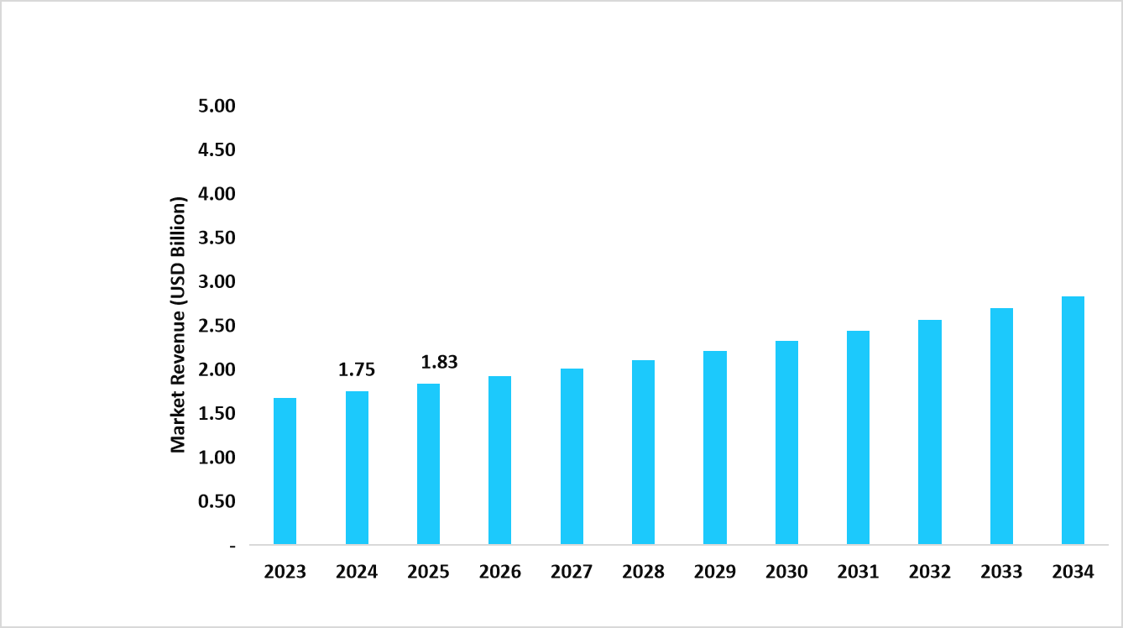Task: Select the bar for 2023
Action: point(285,471)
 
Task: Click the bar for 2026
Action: point(499,460)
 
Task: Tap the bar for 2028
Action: point(643,453)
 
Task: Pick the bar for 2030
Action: point(786,442)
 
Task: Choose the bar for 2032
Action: point(929,432)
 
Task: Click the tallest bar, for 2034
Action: point(1073,421)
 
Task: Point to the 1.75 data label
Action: point(357,370)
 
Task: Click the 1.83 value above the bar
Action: point(439,363)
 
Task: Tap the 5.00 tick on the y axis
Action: point(216,106)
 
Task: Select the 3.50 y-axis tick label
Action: point(216,238)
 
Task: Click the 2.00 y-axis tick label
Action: point(216,369)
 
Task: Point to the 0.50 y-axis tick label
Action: point(216,501)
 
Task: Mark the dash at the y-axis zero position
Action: point(232,546)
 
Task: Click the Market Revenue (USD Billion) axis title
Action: point(178,325)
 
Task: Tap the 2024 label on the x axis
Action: point(357,573)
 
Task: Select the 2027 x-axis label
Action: point(572,573)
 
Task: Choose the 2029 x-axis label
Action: point(715,573)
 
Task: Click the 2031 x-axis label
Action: point(858,573)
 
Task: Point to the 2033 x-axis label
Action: point(1001,573)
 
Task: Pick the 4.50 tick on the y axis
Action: point(216,149)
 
